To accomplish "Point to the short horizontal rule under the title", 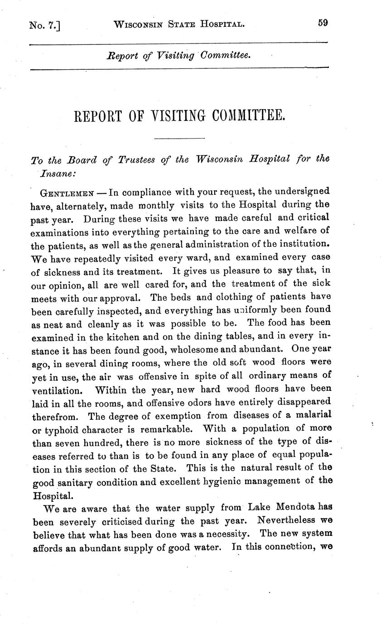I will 179,138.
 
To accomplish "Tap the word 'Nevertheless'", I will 284,520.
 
